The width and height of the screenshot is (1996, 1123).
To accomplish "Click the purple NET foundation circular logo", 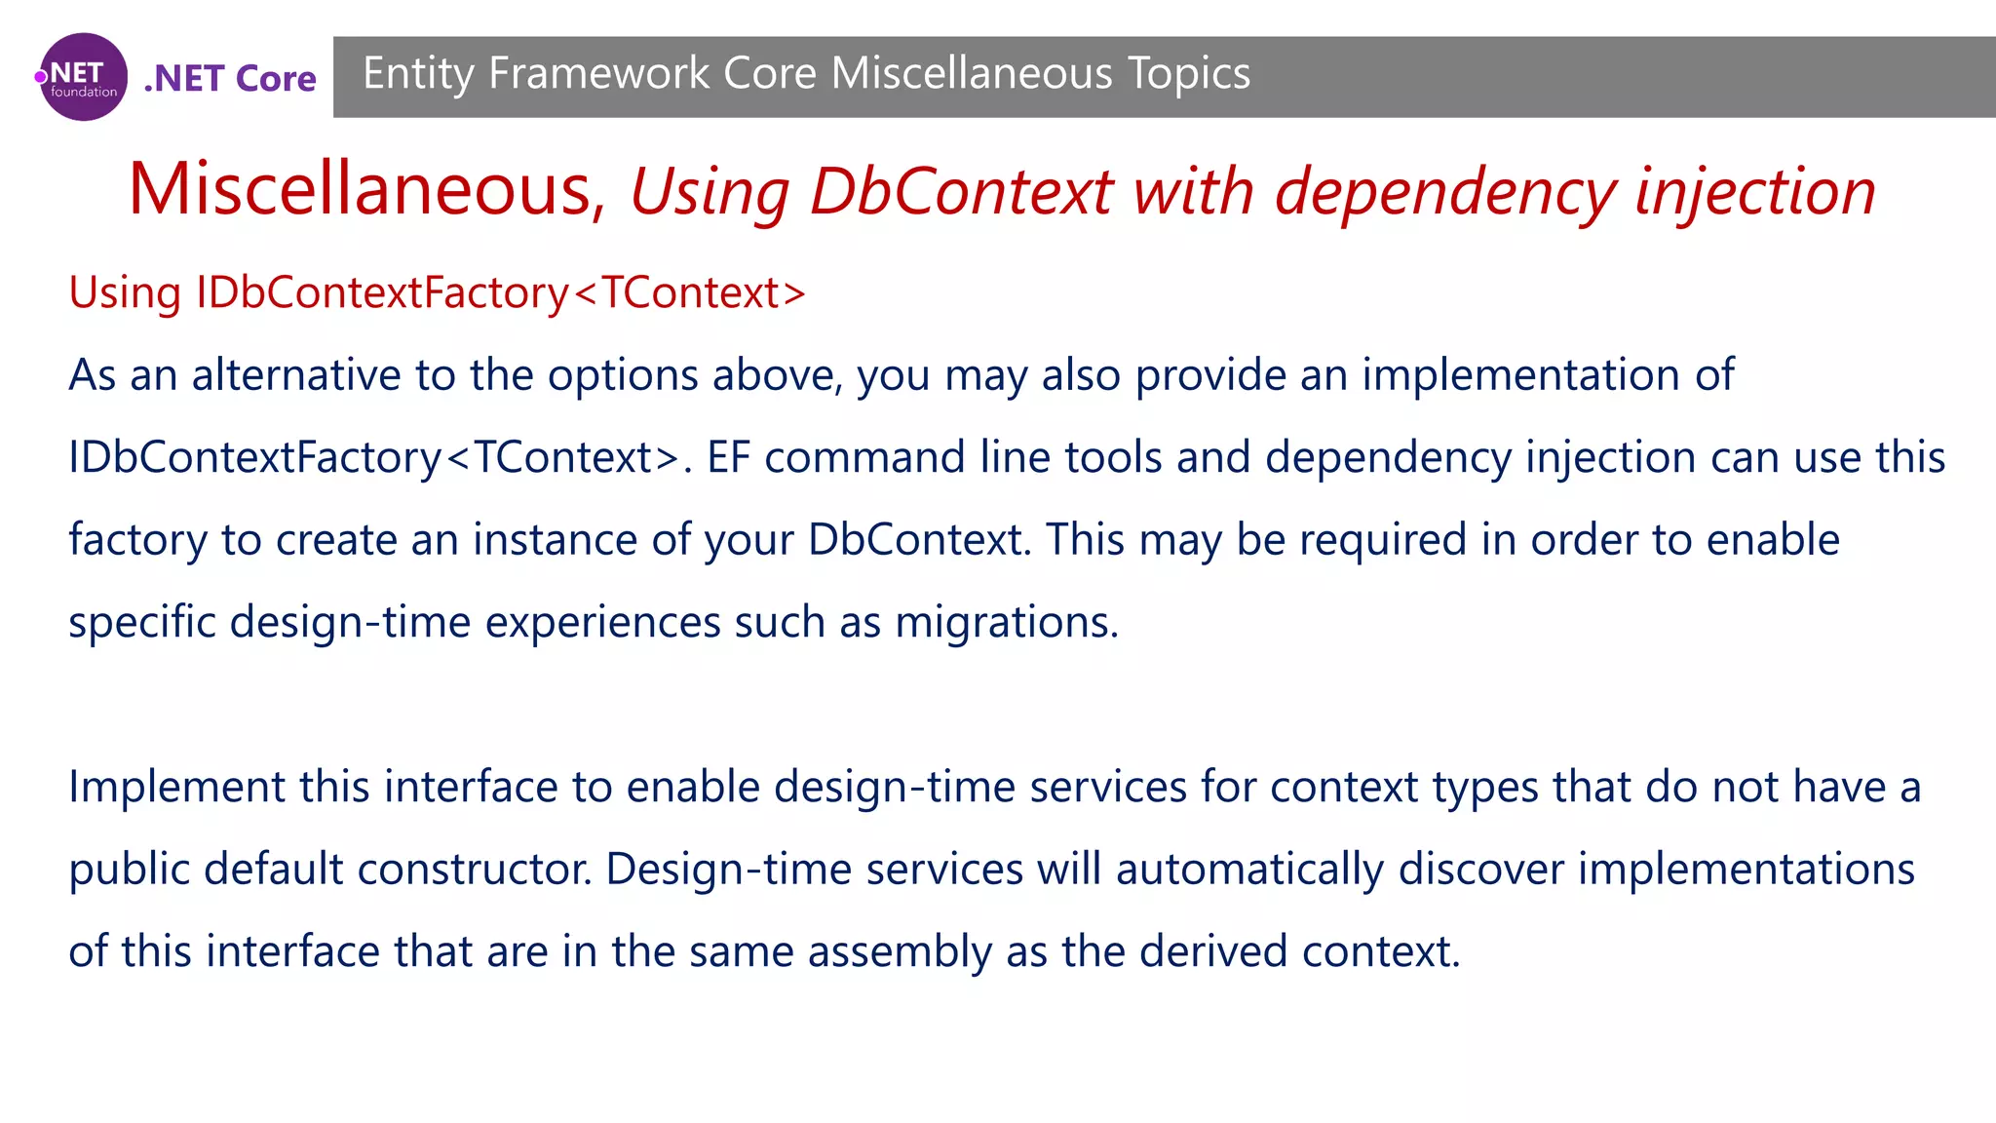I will tap(83, 77).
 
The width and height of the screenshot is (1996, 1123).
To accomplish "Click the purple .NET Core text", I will tap(230, 78).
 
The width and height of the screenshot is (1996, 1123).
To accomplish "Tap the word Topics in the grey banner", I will tap(1188, 74).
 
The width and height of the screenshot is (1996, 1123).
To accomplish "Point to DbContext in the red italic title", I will tap(961, 191).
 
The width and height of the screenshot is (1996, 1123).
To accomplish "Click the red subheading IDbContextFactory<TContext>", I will tap(500, 292).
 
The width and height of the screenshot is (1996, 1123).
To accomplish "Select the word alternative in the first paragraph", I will tap(296, 375).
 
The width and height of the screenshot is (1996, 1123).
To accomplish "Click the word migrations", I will tap(1005, 622).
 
